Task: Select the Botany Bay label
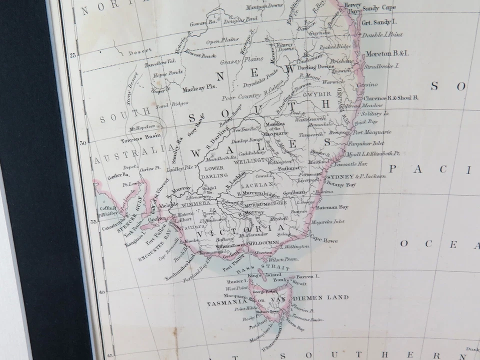[341, 185]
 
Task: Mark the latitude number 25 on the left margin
[73, 55]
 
